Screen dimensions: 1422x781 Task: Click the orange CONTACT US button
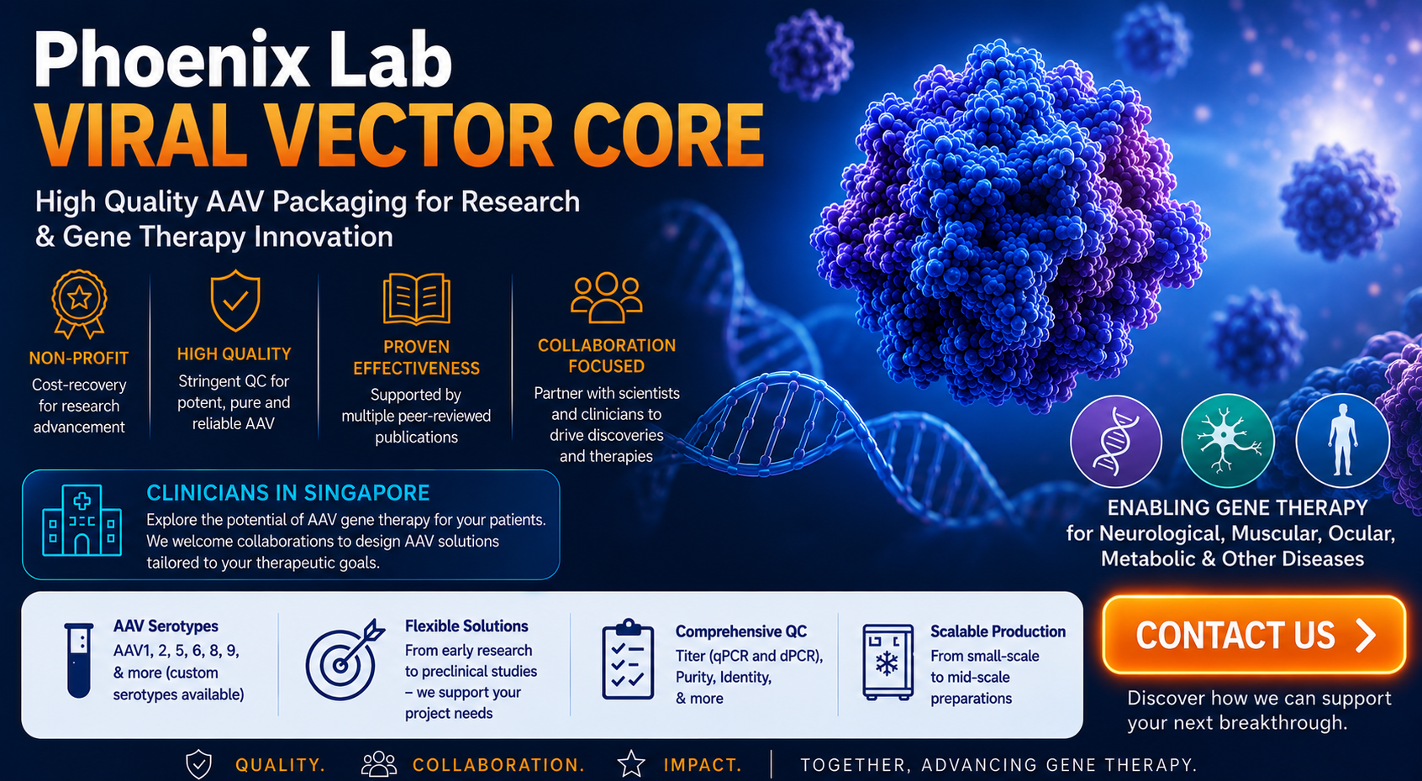1254,634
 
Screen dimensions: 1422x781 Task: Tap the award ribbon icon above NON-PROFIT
79,304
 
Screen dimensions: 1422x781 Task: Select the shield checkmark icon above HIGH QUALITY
234,300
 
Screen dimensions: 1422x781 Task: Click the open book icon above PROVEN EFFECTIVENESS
417,299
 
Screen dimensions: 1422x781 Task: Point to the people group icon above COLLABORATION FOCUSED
606,297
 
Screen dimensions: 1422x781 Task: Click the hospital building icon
82,521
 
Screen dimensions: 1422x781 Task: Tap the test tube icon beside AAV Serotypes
79,660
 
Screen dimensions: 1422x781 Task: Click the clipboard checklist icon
628,659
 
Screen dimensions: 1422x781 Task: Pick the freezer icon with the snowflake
887,662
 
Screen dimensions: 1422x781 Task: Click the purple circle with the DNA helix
1116,442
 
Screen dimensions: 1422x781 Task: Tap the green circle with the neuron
1228,440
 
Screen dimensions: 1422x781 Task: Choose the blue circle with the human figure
1343,440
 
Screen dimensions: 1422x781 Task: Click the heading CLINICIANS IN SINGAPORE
288,493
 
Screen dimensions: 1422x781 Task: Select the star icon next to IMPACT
631,764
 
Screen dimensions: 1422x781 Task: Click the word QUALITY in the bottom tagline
280,765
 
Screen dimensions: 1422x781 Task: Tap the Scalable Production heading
998,632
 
